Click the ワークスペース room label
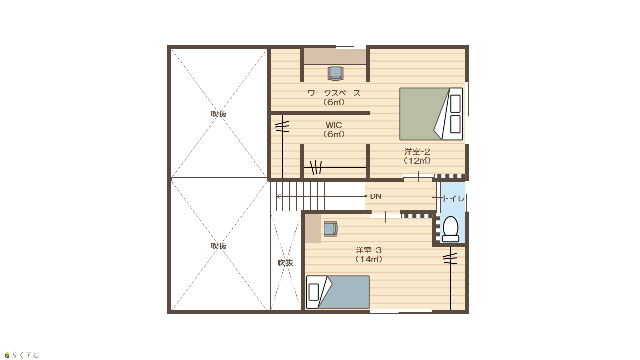[334, 93]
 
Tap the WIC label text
[334, 125]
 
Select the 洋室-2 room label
[417, 151]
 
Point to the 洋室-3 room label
[369, 250]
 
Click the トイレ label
[454, 198]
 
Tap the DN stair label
[375, 196]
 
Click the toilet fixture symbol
[451, 229]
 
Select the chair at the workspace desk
[335, 73]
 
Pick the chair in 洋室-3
[331, 229]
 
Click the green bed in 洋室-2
[431, 114]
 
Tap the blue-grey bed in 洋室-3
[338, 292]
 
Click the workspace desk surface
[335, 56]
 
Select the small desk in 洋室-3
[313, 229]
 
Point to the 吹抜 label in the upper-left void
[219, 114]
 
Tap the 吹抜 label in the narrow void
[285, 263]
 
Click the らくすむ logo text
[25, 355]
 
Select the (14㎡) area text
[369, 259]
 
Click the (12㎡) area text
[417, 161]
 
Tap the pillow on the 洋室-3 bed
[313, 292]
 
